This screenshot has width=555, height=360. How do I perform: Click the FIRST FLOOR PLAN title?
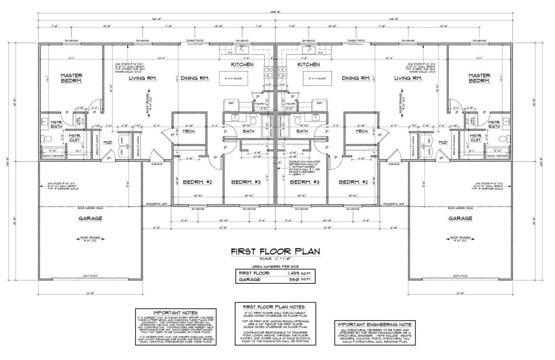275,251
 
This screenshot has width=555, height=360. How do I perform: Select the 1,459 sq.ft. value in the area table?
295,273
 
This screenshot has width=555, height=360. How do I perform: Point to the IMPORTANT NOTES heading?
176,313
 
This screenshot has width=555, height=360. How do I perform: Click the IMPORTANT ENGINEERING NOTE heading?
375,324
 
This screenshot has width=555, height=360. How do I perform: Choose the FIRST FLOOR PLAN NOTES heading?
274,307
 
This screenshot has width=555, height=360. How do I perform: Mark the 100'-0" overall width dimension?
275,12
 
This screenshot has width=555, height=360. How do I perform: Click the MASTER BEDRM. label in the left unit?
71,78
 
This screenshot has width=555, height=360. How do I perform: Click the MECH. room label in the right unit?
362,131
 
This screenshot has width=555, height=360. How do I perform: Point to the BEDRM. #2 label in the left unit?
197,182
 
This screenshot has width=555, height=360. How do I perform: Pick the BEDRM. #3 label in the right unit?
305,182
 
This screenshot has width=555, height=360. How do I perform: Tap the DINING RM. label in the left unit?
195,78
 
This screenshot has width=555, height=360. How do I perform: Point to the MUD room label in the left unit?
107,142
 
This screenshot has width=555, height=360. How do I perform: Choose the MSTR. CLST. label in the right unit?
476,138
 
